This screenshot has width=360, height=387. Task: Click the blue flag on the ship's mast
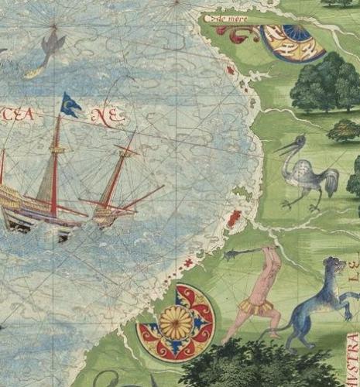click(70, 104)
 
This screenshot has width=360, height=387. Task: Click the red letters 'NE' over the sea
click(107, 117)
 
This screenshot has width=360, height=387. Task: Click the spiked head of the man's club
click(231, 255)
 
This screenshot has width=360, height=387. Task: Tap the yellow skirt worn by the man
click(249, 307)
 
